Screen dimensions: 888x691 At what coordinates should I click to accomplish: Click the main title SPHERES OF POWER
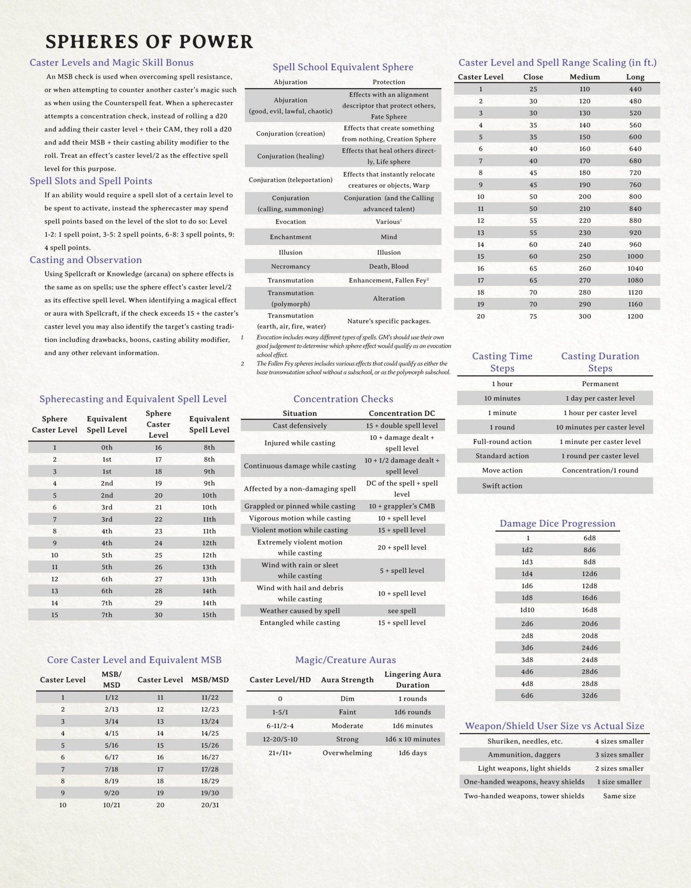149,42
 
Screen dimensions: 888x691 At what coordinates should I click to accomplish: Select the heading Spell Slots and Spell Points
91,181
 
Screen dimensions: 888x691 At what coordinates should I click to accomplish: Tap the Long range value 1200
635,316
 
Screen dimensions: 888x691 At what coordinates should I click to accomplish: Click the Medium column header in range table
584,77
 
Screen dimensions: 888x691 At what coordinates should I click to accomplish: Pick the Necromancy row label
290,266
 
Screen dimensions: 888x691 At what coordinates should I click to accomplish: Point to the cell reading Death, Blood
388,266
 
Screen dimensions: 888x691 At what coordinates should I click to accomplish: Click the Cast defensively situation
300,426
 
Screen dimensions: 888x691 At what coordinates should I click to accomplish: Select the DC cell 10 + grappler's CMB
402,506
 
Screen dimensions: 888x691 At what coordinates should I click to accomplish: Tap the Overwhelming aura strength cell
347,753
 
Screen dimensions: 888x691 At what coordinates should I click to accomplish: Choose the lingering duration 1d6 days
412,753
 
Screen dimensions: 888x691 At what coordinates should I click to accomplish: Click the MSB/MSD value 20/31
210,805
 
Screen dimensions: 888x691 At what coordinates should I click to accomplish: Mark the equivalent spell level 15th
209,615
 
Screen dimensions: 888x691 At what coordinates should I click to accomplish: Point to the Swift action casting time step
502,486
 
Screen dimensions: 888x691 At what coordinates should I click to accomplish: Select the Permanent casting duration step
600,384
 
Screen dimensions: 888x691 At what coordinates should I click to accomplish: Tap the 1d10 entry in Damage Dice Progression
527,610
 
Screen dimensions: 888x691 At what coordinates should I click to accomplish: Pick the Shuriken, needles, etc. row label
525,741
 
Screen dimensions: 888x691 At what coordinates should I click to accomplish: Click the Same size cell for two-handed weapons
619,796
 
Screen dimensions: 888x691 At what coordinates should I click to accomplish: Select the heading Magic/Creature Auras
345,660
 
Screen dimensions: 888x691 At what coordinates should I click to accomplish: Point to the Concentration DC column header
402,413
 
